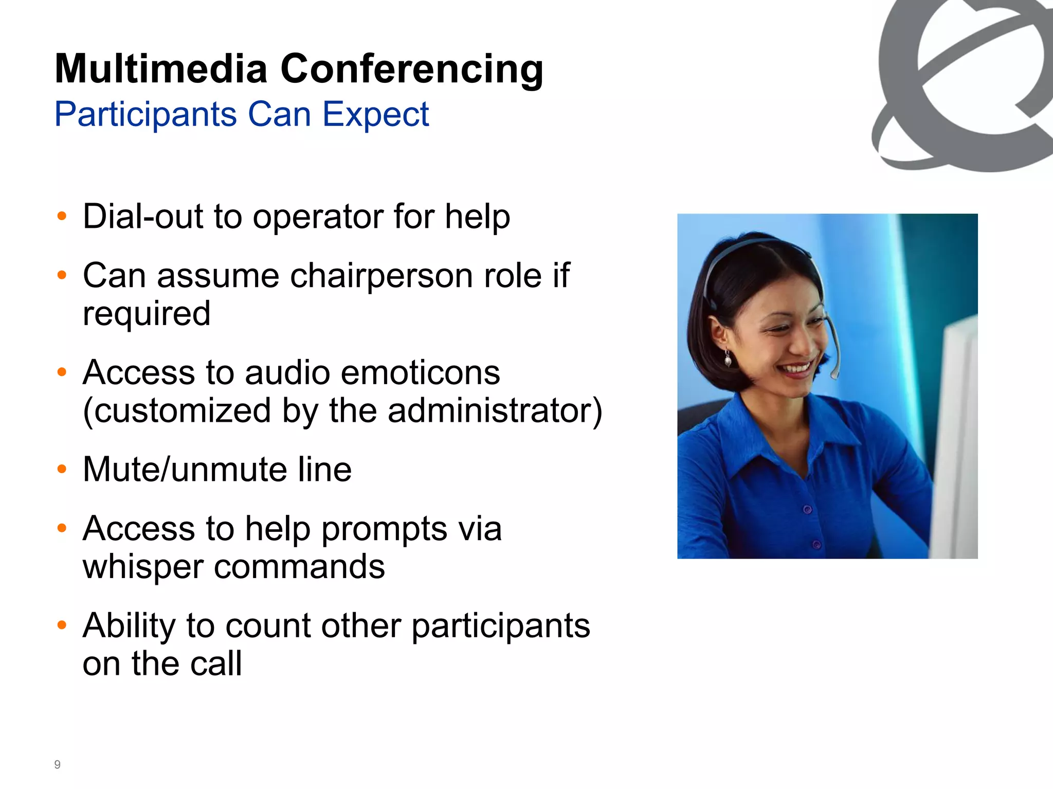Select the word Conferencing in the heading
click(x=412, y=69)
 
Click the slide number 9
click(x=57, y=764)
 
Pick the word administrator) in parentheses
click(x=494, y=410)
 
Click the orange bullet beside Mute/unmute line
click(x=62, y=469)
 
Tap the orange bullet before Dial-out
click(x=62, y=216)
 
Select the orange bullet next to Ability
click(x=62, y=625)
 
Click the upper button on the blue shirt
click(x=807, y=510)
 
